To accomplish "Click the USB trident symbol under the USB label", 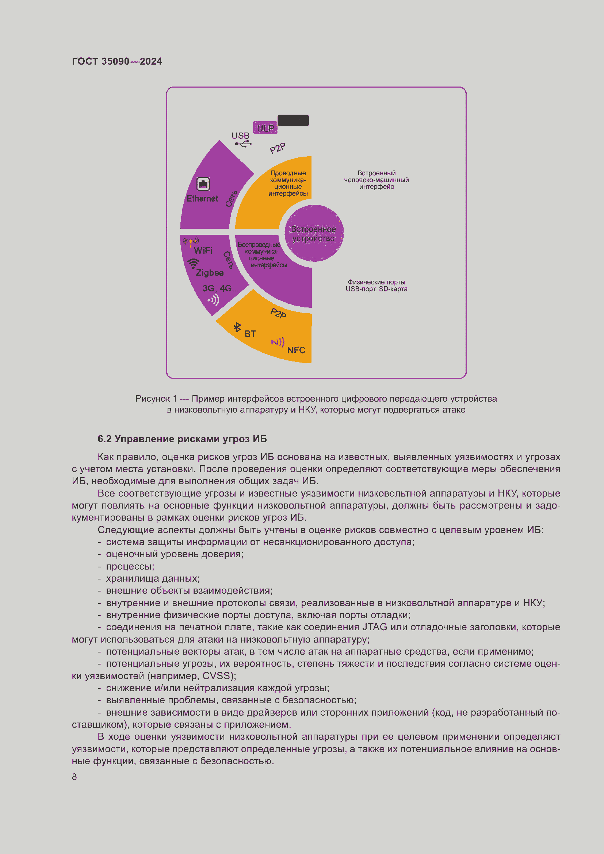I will point(243,144).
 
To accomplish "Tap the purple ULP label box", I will point(265,128).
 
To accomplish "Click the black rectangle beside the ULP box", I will point(293,120).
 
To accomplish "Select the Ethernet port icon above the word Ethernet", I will point(203,184).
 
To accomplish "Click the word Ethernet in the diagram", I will point(202,199).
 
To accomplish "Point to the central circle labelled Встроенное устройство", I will point(314,234).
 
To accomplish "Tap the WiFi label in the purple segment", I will point(203,251).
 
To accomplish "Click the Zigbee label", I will point(210,273).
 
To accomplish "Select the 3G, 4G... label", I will point(221,289).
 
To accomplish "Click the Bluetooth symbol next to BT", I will point(237,327).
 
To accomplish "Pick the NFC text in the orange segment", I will point(296,350).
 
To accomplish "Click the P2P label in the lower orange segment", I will point(278,313).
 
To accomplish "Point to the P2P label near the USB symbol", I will point(278,148).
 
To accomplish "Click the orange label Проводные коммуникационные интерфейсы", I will point(288,183).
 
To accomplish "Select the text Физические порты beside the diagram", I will point(376,282).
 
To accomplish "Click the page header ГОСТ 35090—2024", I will point(117,61).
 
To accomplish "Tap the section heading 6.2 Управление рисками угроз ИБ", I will point(182,439).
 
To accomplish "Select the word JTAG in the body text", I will point(375,627).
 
